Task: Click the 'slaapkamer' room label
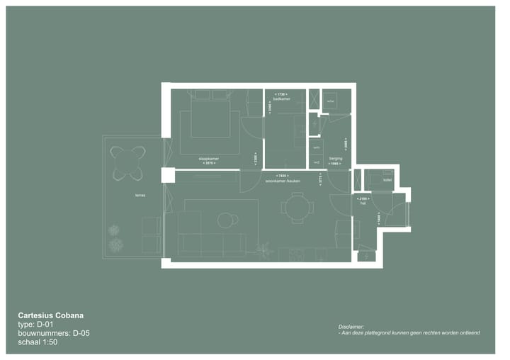tap(208, 158)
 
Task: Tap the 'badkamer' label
tap(281, 99)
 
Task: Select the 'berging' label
tap(336, 158)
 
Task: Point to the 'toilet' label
tap(387, 180)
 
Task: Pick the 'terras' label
tap(131, 195)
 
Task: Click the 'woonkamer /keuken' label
tap(283, 180)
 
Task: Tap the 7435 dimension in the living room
tap(283, 175)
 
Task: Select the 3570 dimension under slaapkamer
tap(208, 163)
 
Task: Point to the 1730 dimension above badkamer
tap(281, 94)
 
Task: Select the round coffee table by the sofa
tap(225, 220)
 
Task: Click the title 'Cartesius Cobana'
tap(55, 315)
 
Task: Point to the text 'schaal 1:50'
tap(38, 342)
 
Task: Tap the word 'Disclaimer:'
tap(352, 326)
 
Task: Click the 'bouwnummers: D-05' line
tap(54, 333)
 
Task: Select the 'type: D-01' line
tap(35, 324)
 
